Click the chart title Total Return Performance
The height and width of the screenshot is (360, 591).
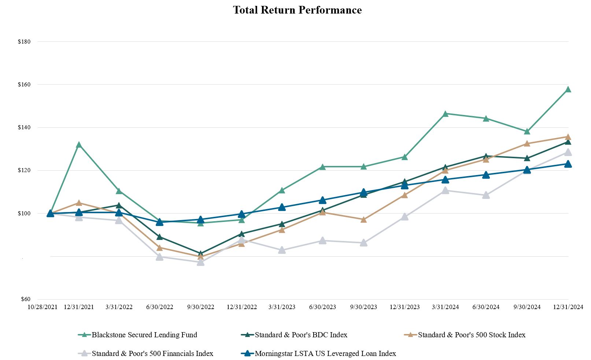point(297,10)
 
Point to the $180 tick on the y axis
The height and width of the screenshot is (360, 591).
point(24,42)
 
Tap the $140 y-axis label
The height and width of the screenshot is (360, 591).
point(24,127)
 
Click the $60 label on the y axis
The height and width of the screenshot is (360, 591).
point(25,299)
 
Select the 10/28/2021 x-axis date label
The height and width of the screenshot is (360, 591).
point(43,307)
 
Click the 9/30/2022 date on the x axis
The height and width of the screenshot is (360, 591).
point(200,307)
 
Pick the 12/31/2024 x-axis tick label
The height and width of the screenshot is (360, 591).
point(568,307)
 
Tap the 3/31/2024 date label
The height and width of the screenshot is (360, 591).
point(445,307)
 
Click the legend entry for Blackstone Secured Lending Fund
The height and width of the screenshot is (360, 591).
point(144,335)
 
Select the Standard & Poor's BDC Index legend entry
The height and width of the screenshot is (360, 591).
point(301,335)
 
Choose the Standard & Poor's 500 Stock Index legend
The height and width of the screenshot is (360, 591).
point(472,335)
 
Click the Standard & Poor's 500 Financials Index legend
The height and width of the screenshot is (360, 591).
point(152,353)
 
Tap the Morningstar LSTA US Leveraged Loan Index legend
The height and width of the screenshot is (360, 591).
point(325,353)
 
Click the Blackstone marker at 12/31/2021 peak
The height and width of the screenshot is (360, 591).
point(79,145)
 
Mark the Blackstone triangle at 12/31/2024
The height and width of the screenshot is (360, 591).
point(568,89)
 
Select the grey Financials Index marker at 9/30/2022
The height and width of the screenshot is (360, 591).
point(200,262)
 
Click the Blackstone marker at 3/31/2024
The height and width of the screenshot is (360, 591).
point(445,114)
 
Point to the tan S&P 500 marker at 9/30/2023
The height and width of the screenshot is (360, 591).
point(363,220)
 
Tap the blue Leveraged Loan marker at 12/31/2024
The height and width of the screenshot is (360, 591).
point(568,164)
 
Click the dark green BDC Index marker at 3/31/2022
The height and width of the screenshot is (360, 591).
point(119,205)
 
